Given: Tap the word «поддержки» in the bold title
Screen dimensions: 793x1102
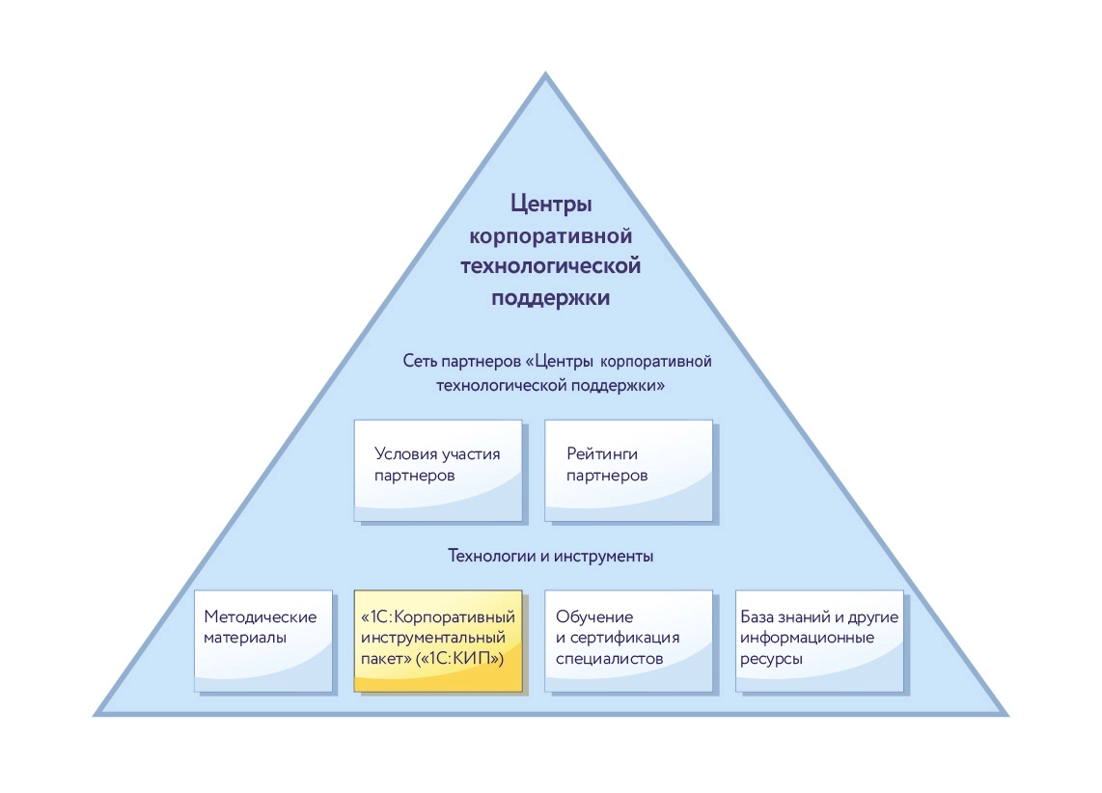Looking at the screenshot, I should click(x=550, y=297).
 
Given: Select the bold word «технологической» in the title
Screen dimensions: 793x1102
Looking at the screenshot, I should click(x=550, y=266).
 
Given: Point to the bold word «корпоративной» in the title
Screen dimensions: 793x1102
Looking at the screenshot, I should click(x=550, y=235).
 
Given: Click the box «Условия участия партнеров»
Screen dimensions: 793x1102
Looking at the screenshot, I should click(x=438, y=469).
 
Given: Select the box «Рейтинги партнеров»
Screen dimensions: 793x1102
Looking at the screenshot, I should click(x=629, y=469).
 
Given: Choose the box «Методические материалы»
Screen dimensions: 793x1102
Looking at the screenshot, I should click(x=263, y=641).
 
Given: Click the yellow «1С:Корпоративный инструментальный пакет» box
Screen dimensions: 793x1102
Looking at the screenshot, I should click(x=438, y=641).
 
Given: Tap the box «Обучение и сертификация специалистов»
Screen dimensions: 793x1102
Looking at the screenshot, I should click(x=629, y=641).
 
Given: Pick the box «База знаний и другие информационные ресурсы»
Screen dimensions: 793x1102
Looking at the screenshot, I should click(x=819, y=641).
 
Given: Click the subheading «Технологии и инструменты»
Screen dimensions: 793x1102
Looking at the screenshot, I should click(x=551, y=557).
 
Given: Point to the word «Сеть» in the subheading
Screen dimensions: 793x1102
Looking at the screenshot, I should click(x=420, y=362).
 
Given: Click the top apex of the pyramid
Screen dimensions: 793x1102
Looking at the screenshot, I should click(x=545, y=75).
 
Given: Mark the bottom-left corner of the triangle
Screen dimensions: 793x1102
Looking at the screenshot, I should click(x=97, y=714).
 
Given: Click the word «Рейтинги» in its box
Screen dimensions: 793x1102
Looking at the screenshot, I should click(x=602, y=453).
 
